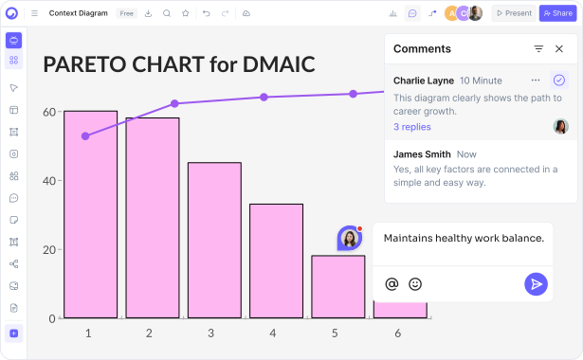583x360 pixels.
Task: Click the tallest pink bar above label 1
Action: (x=90, y=214)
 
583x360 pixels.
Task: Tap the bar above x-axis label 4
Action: (x=276, y=261)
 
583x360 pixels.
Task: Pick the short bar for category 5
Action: (x=337, y=286)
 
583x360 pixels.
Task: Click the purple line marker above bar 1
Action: (x=85, y=136)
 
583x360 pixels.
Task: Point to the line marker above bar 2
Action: (x=174, y=103)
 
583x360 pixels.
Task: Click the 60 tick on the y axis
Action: (x=48, y=112)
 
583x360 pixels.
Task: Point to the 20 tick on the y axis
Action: (x=48, y=249)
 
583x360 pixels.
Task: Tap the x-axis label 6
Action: (x=397, y=333)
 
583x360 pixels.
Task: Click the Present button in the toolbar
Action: (x=513, y=13)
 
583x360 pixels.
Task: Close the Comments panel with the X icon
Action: (x=559, y=48)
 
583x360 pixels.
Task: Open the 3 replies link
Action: (x=412, y=127)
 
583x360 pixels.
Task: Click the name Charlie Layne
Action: (x=423, y=81)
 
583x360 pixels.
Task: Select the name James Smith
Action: (x=422, y=153)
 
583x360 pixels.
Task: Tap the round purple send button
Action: (x=537, y=283)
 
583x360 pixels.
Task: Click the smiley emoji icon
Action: (x=415, y=283)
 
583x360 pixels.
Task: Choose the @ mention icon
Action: (x=392, y=283)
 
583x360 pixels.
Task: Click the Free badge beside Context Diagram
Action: (x=126, y=13)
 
